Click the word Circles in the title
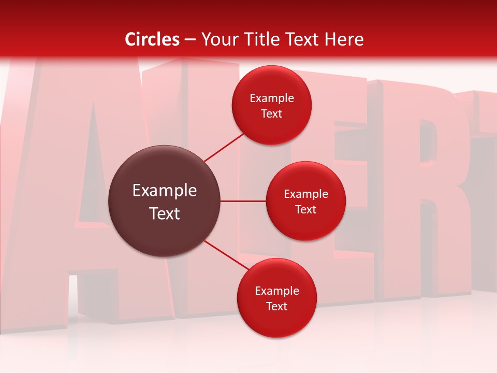point(152,39)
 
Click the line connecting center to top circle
point(224,147)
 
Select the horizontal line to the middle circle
point(243,201)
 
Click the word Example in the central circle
point(165,190)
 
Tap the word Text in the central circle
point(165,213)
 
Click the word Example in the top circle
point(272,98)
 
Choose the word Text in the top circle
point(272,113)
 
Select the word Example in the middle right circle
point(306,194)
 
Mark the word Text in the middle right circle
point(306,209)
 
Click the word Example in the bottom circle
point(277,291)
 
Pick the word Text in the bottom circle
point(277,306)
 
